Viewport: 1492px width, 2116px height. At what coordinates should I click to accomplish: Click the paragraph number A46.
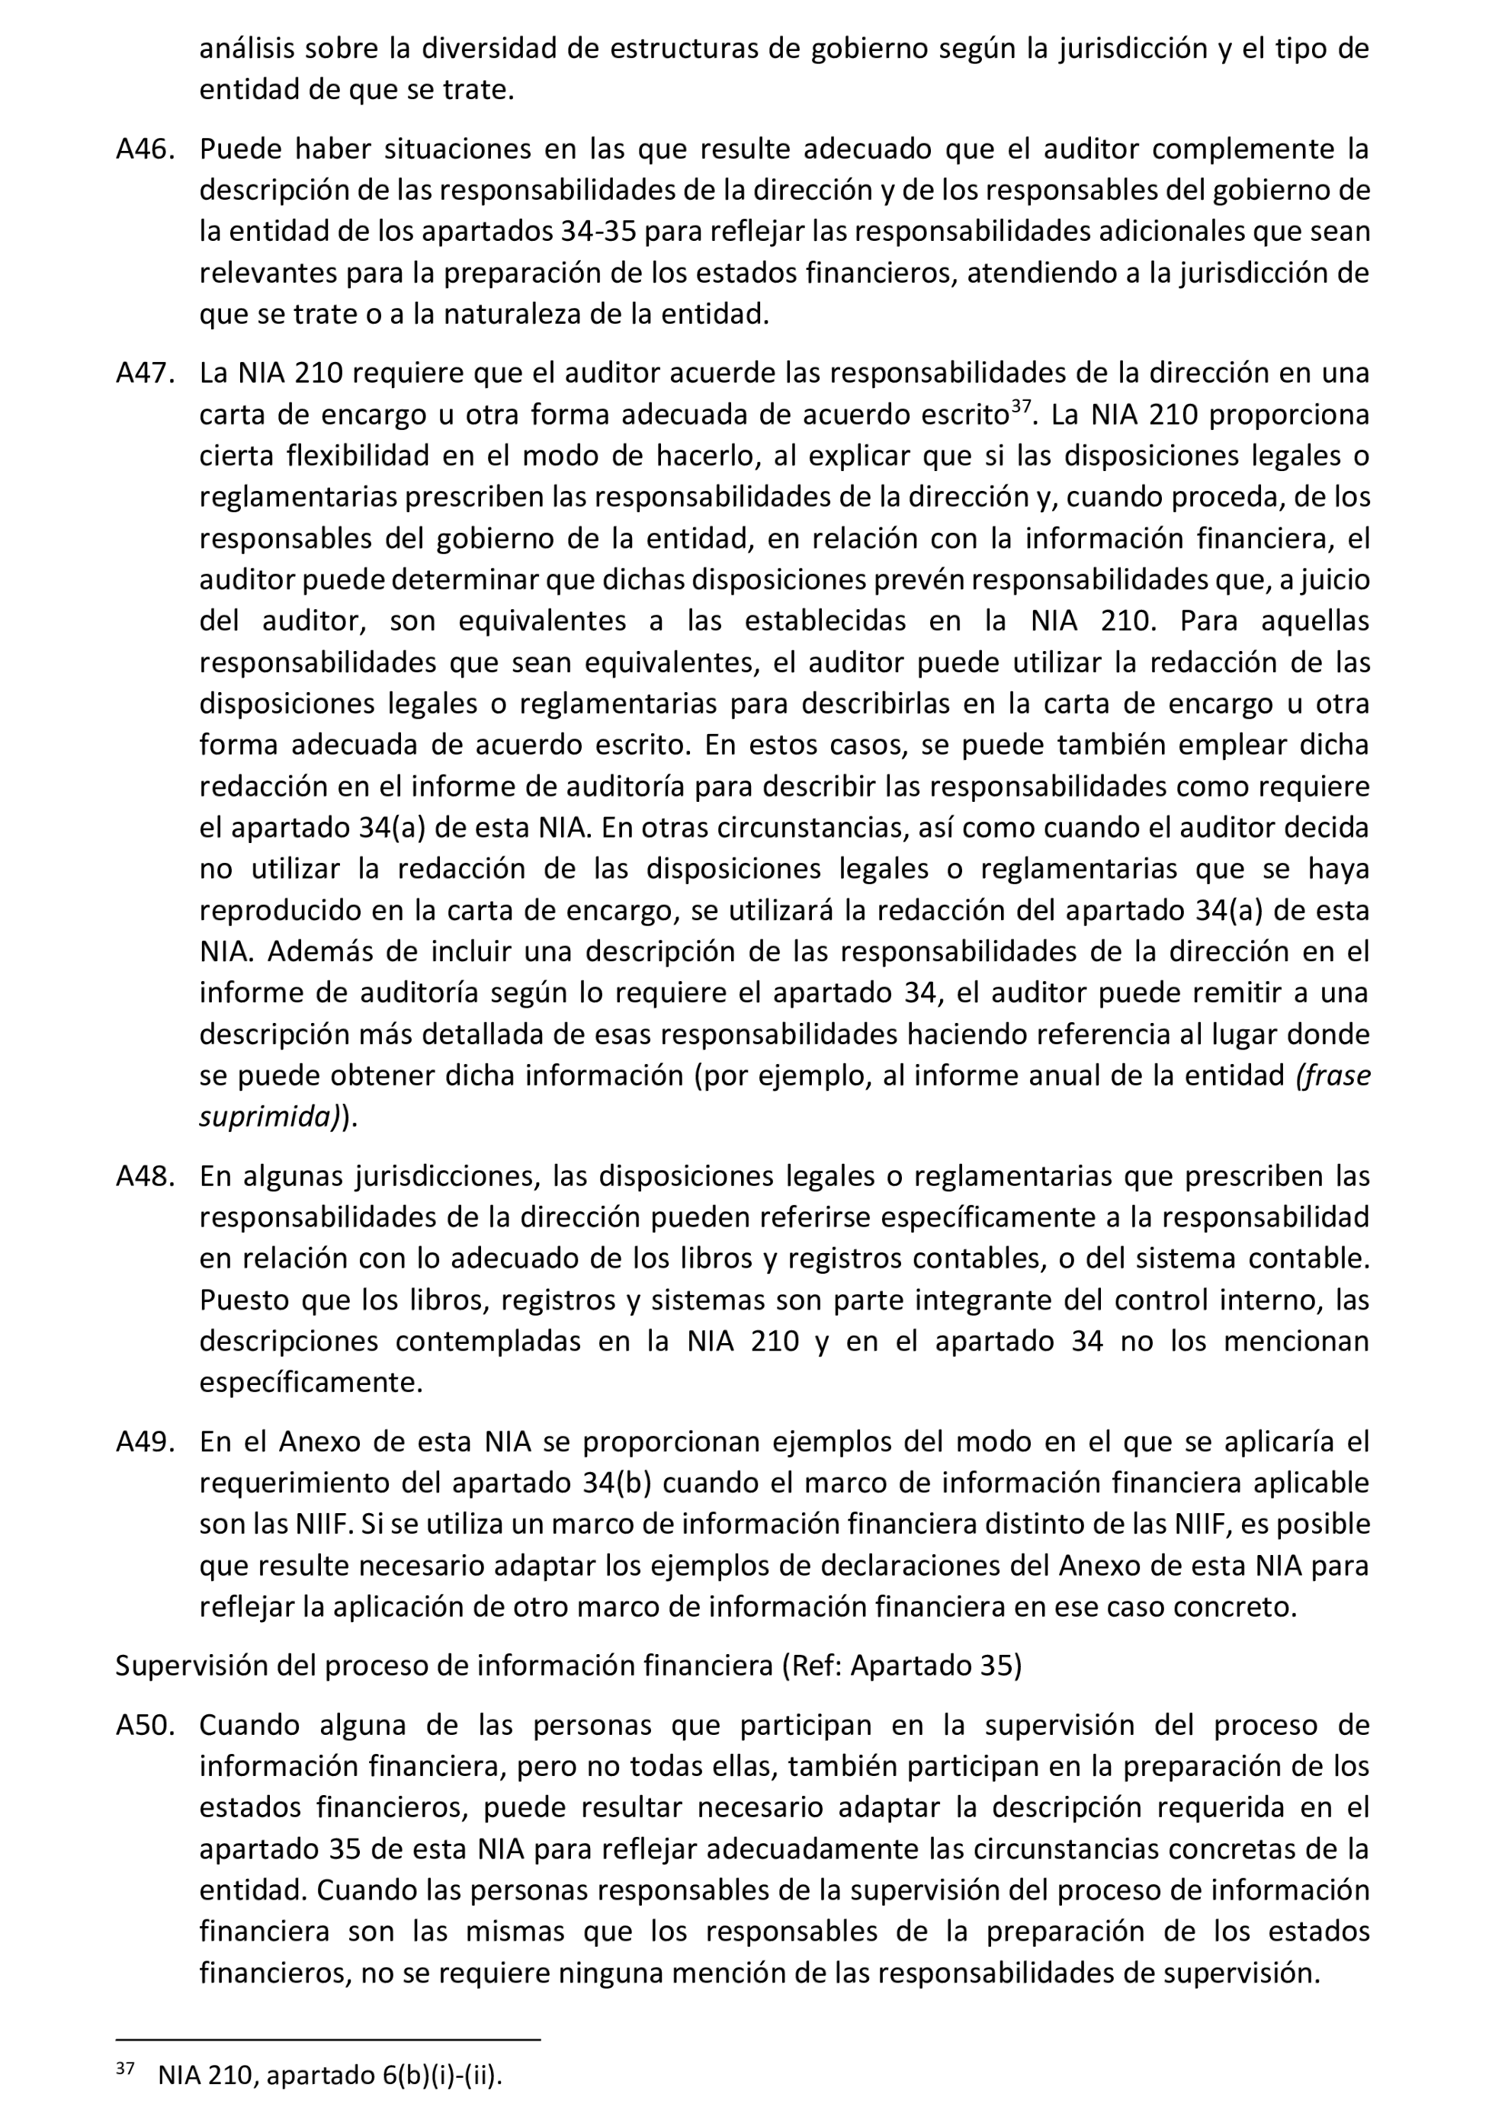click(145, 149)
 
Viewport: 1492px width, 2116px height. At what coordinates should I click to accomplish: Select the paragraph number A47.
click(145, 374)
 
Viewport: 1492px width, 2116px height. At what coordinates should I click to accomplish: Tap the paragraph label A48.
click(145, 1177)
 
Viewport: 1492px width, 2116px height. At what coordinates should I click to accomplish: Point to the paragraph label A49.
click(145, 1441)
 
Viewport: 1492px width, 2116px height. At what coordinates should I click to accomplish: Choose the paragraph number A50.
click(145, 1725)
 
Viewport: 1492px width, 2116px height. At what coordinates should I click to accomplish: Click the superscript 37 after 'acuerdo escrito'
click(1019, 406)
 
